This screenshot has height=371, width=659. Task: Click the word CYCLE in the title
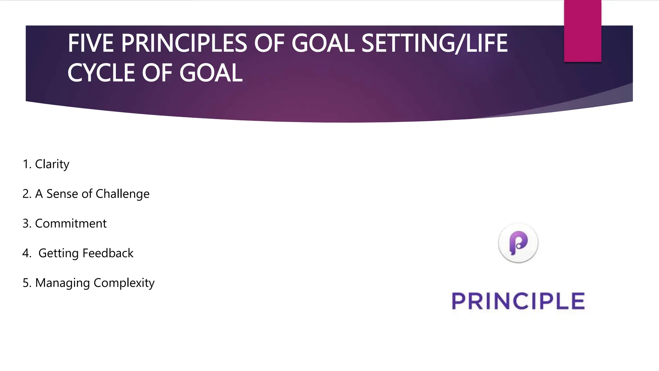coord(101,73)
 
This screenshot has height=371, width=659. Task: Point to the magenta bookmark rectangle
coord(582,31)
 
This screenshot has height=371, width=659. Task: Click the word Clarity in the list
coord(52,164)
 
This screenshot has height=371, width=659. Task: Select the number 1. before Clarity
coord(27,164)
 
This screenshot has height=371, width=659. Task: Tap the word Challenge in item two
coord(123,194)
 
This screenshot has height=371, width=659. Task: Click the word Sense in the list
coord(62,194)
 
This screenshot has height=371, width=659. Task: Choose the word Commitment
coord(71,224)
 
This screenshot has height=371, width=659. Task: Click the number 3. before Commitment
coord(27,224)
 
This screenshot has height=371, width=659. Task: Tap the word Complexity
coord(124,283)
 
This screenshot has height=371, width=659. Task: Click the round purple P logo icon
coord(518,243)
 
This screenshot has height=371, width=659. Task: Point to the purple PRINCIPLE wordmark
coord(518,301)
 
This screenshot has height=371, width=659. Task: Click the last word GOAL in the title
coord(211,73)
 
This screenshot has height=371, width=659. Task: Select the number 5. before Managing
coord(27,283)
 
